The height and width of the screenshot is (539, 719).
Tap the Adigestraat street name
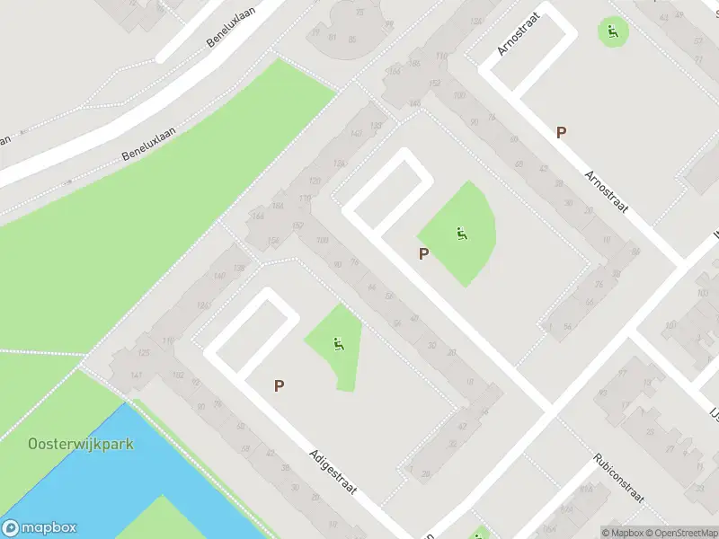point(332,473)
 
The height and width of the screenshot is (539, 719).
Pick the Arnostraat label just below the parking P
point(603,190)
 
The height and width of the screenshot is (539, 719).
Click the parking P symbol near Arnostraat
point(562,133)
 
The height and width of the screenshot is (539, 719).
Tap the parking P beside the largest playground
point(423,254)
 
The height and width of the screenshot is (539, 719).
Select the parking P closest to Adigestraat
point(280,386)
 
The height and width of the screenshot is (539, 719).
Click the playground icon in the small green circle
point(613,32)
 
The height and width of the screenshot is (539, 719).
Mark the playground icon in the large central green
point(461,234)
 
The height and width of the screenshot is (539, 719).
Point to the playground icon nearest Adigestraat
point(338,343)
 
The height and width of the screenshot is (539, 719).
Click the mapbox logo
point(40,528)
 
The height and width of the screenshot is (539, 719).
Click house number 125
point(144,353)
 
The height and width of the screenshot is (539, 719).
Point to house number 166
point(258,216)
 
